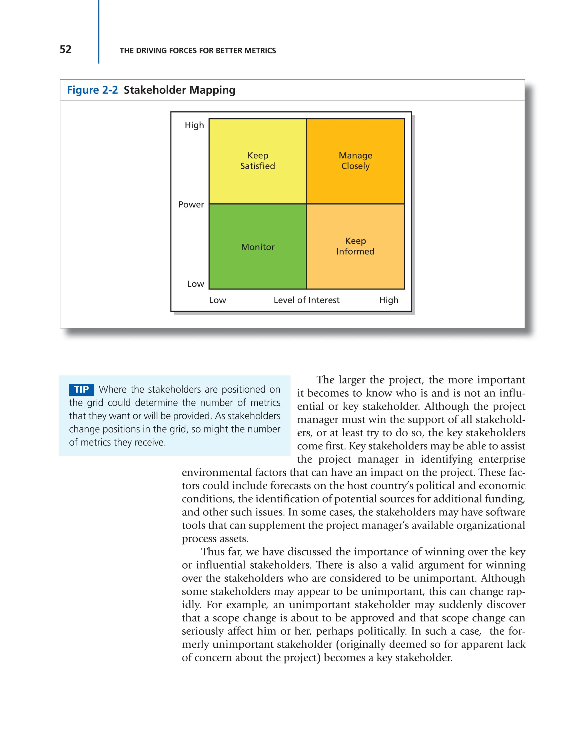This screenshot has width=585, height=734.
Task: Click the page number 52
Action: point(66,49)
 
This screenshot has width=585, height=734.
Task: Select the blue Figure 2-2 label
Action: point(92,90)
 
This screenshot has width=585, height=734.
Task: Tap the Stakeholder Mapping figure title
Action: point(179,90)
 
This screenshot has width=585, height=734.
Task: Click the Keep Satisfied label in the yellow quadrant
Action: point(258,161)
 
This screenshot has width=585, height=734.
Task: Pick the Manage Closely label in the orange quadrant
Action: point(355,161)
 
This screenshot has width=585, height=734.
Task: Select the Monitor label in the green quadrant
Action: point(258,247)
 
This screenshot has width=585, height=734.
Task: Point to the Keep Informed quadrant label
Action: point(355,246)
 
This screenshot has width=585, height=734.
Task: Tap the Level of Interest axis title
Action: point(306,300)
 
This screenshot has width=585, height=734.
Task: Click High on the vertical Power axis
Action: point(194,125)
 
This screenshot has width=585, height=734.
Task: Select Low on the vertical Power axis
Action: point(195,284)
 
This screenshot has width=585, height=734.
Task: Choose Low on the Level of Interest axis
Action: point(217,300)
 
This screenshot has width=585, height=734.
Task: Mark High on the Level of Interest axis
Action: point(389,300)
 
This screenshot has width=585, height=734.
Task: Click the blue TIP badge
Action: point(81,389)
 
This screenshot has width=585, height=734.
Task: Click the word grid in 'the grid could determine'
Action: point(95,403)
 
